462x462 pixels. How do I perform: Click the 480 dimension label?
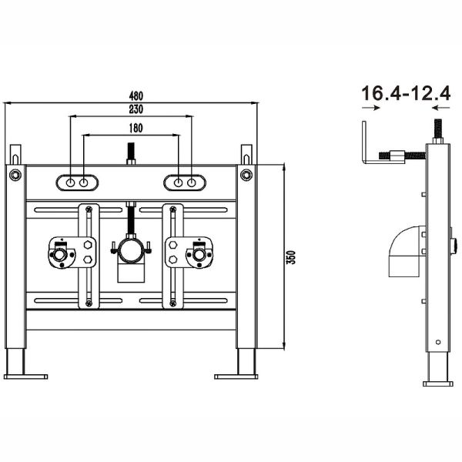point(136,95)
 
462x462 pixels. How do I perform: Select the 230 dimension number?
point(136,109)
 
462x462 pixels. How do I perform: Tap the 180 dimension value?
point(136,128)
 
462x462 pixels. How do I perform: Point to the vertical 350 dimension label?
point(291,257)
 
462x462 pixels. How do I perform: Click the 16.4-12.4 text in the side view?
point(406,93)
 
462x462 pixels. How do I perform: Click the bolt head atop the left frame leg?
point(15,175)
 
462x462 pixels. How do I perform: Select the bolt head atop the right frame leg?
point(246,175)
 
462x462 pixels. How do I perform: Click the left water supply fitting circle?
point(59,254)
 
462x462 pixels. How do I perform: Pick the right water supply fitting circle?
point(199,254)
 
